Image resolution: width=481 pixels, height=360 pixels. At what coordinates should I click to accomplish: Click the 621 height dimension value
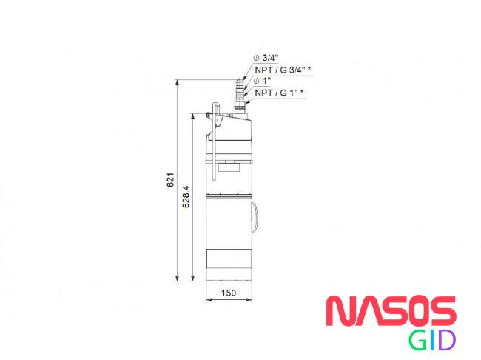(170, 180)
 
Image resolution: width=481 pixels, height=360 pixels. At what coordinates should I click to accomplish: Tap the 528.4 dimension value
(186, 197)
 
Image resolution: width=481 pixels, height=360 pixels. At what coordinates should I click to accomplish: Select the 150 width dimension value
(229, 293)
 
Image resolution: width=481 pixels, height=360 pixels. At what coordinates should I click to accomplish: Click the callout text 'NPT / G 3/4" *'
(283, 70)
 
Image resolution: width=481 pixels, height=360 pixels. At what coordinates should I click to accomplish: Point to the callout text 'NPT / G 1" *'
(279, 93)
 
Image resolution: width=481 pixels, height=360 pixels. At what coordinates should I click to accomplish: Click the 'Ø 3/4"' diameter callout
(266, 58)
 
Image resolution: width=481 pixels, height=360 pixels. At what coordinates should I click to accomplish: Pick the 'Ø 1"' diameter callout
(262, 81)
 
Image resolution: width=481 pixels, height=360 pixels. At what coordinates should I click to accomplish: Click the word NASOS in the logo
(391, 310)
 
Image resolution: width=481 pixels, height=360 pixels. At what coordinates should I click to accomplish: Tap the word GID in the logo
(432, 340)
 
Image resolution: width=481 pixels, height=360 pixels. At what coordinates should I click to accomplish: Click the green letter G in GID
(417, 340)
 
